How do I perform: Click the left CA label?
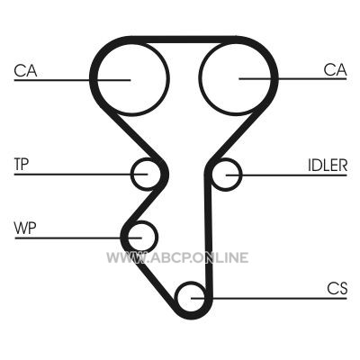(x=25, y=71)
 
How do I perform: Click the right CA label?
(x=335, y=70)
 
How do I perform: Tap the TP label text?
(x=22, y=164)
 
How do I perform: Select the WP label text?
(x=25, y=229)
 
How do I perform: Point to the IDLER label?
(x=328, y=165)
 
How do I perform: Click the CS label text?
(x=337, y=289)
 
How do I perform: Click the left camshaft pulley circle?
(x=166, y=79)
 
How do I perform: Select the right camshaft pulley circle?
(x=199, y=78)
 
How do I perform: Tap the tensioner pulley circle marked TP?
(x=132, y=174)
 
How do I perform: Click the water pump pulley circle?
(x=157, y=237)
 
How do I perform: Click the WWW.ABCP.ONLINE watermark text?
(x=177, y=257)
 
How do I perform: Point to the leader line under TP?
(x=81, y=174)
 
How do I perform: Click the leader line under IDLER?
(x=286, y=175)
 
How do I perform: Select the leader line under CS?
(x=269, y=298)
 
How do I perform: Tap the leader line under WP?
(x=78, y=238)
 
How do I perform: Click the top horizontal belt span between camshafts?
(x=183, y=40)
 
